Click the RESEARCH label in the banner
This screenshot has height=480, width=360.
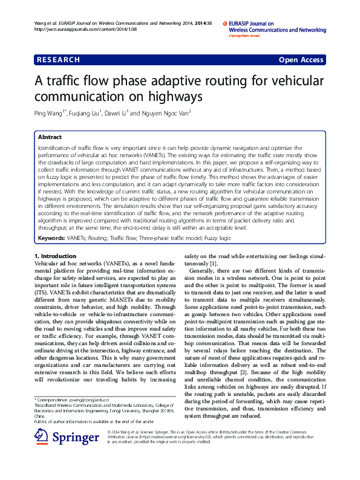59,60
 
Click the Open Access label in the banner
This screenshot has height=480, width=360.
301,60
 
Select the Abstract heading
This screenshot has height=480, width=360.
50,137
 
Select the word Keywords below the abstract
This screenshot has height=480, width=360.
51,238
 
